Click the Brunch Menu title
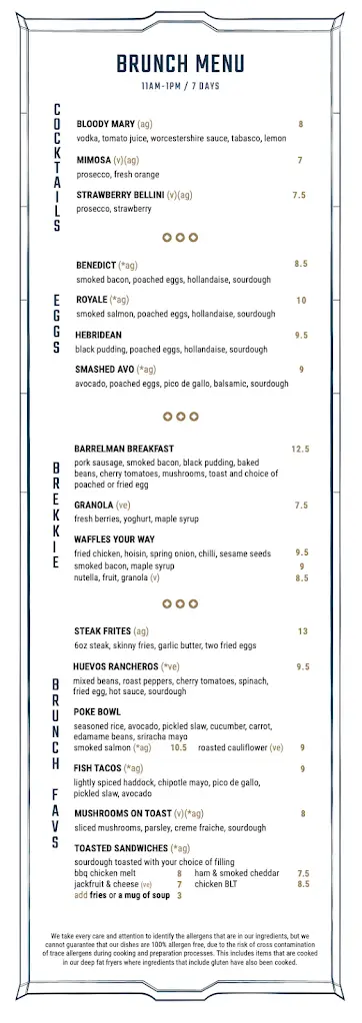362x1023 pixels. pos(181,65)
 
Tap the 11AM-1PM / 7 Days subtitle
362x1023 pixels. pos(181,87)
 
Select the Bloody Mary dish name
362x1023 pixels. pos(105,124)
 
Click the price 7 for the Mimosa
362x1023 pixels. pos(300,160)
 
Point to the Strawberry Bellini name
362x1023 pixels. pos(119,196)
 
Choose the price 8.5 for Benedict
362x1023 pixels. pos(301,264)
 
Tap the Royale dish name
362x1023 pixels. pos(92,300)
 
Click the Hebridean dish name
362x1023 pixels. pos(99,335)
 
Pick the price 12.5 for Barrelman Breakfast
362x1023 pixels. pos(301,450)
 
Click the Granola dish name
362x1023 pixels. pos(93,506)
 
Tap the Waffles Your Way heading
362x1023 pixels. pos(114,539)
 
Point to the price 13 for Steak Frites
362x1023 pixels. pos(302,631)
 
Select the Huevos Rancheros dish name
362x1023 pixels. pos(115,666)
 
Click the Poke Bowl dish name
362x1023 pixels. pos(98,711)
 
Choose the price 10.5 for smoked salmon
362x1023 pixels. pos(179,747)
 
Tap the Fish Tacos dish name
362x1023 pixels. pos(98,768)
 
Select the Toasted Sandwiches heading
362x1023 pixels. pos(120,848)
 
